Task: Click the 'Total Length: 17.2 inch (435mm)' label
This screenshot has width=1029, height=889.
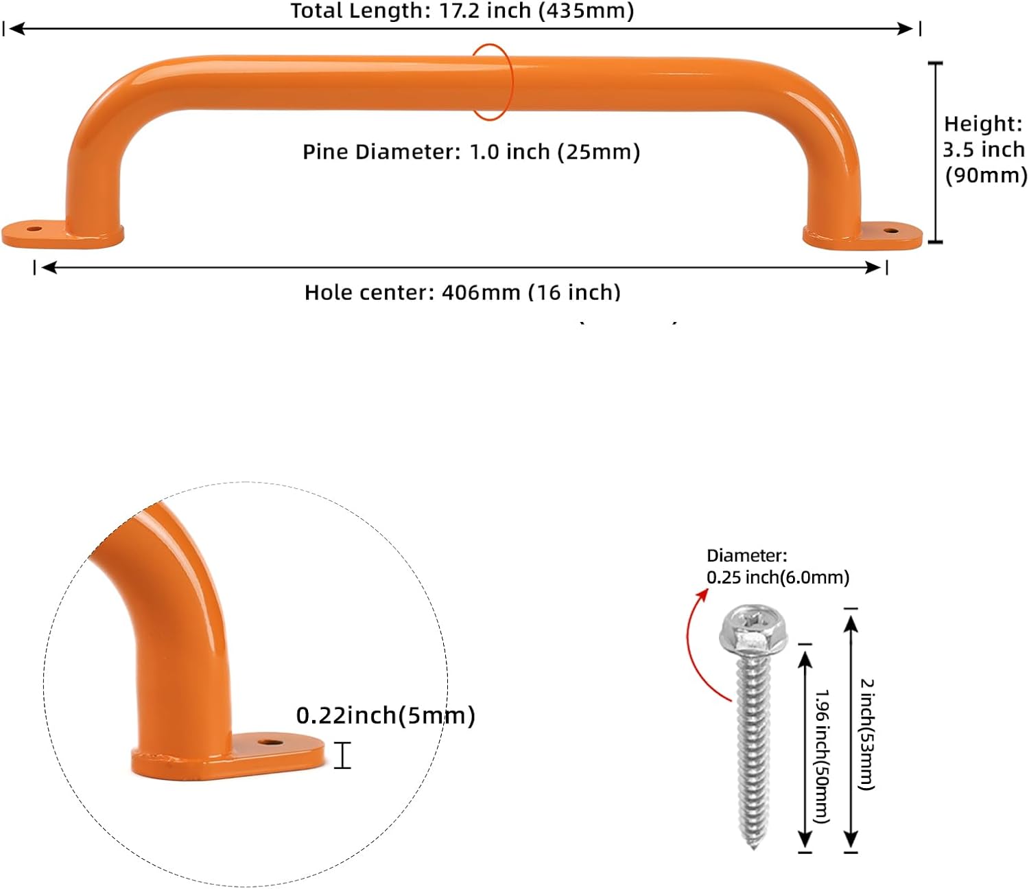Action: pyautogui.click(x=462, y=11)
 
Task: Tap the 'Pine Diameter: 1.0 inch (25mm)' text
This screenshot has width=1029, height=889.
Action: pyautogui.click(x=471, y=152)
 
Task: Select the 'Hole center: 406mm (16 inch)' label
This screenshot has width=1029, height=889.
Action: pyautogui.click(x=462, y=292)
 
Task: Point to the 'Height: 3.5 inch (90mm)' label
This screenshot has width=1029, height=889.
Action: pyautogui.click(x=984, y=150)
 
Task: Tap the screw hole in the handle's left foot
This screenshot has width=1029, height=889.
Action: pyautogui.click(x=34, y=229)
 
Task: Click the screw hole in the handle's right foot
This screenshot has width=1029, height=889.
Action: pyautogui.click(x=890, y=231)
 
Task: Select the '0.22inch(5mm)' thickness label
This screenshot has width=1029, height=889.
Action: pyautogui.click(x=386, y=715)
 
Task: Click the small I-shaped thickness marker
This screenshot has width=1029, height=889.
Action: pyautogui.click(x=342, y=755)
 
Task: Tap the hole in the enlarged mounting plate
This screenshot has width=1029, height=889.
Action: pyautogui.click(x=270, y=743)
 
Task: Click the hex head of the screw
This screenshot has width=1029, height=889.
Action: pyautogui.click(x=753, y=631)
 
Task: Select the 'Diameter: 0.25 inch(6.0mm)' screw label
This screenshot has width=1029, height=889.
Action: pyautogui.click(x=778, y=566)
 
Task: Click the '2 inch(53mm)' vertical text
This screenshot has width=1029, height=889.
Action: pyautogui.click(x=866, y=735)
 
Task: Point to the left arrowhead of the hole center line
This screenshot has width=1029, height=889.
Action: pyautogui.click(x=49, y=268)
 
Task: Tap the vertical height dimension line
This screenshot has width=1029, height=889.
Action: pyautogui.click(x=936, y=152)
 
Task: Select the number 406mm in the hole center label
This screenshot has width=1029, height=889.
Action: pyautogui.click(x=481, y=292)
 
